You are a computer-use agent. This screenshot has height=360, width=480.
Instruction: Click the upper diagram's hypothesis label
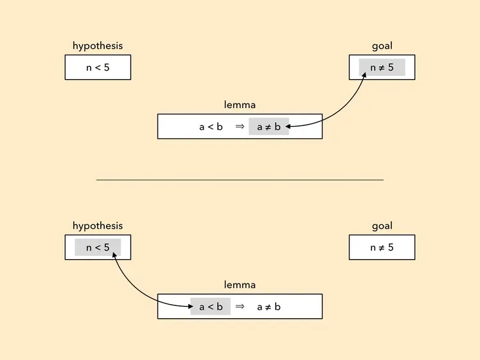point(98,46)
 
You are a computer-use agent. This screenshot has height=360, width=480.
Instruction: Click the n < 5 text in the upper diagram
point(98,67)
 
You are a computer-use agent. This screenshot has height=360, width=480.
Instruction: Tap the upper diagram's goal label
point(382,46)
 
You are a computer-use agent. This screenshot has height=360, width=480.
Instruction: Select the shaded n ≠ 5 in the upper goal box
point(382,67)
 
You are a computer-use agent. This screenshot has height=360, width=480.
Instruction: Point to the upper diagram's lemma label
point(240,105)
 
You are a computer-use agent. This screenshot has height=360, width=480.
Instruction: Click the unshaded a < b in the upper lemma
point(211,127)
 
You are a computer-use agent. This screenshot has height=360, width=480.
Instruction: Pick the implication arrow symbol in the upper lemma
point(240,126)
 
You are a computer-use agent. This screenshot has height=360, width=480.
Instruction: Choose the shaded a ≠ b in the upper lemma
point(269,127)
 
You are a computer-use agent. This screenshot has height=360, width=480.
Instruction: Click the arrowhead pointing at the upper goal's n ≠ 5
point(364,75)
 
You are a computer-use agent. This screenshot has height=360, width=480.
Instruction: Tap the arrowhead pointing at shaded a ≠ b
point(288,126)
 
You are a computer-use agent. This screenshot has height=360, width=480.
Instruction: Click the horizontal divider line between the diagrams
point(240,180)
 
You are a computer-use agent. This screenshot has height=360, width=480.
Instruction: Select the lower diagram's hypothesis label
point(98,226)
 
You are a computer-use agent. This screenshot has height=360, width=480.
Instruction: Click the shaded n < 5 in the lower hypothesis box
point(98,248)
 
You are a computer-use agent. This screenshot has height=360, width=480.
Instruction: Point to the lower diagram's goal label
point(382,226)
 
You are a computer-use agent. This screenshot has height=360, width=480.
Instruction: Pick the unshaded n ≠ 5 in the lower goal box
point(382,248)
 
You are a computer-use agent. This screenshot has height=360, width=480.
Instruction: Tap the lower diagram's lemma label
point(240,285)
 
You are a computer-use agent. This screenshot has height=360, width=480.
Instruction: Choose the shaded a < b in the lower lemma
point(211,307)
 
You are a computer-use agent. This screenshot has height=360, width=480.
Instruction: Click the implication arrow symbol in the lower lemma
point(240,307)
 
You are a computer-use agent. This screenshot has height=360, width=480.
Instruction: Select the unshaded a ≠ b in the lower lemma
point(269,307)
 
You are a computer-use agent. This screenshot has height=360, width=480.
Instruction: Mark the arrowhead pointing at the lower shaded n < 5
point(114,255)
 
